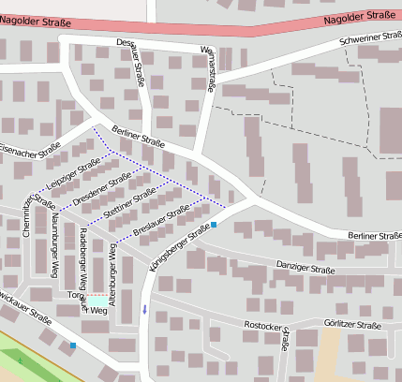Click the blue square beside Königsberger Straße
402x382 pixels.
(214, 225)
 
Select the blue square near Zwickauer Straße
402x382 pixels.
(73, 345)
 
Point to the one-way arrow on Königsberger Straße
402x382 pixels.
(144, 308)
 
